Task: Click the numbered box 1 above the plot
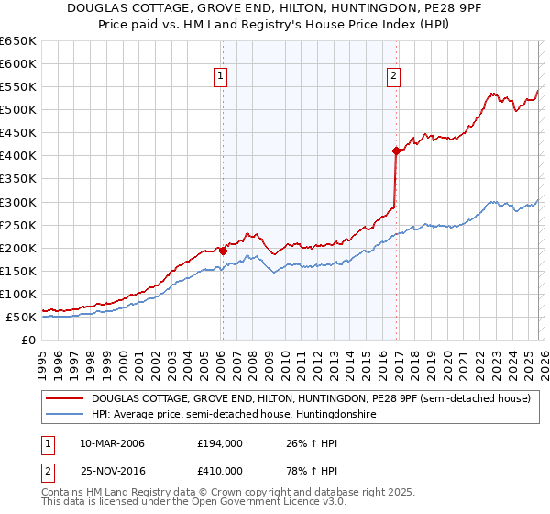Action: (222, 77)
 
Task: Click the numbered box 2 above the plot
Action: (393, 77)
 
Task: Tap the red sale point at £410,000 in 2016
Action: (396, 151)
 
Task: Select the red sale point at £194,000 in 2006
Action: (223, 250)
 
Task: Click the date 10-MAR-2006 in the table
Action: (112, 443)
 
